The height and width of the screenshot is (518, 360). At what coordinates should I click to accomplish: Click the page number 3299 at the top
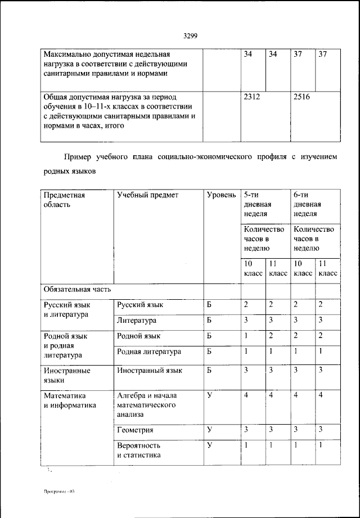pos(190,36)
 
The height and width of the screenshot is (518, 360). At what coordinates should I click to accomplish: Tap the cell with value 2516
pos(301,97)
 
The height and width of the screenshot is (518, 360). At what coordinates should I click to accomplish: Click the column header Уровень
pos(221,195)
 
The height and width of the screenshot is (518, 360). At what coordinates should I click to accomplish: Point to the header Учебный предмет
pos(147,195)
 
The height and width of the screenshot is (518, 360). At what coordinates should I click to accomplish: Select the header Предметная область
pos(64,200)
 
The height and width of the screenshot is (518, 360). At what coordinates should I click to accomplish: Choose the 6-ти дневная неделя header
pos(307,204)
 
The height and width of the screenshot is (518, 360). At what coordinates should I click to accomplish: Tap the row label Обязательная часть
pos(77,289)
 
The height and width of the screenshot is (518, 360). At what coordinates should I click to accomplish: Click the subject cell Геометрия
pos(136,430)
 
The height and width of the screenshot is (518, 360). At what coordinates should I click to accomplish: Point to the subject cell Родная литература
pos(149,352)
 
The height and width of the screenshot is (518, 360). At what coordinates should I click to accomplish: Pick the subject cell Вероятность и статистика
pos(139,450)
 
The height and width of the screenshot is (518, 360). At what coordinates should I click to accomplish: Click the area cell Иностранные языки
pos(67,375)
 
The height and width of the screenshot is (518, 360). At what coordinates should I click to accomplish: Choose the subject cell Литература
pos(137,321)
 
